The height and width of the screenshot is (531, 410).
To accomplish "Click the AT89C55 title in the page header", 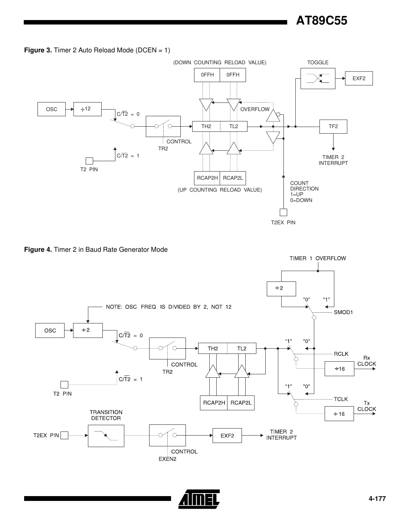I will tap(321, 21).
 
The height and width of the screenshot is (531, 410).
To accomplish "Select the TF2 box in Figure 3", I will tap(333, 127).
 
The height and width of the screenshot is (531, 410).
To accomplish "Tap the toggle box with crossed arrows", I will tap(318, 78).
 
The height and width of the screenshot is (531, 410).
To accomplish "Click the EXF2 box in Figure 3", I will tap(358, 78).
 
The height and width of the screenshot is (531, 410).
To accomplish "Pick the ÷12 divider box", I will tap(87, 109).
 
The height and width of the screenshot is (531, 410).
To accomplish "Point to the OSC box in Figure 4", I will tap(50, 330).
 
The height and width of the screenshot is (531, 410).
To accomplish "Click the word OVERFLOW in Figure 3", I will tap(255, 109).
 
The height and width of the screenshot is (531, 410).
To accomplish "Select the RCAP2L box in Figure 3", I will tap(233, 178).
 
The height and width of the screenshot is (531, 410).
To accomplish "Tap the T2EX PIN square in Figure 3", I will tap(283, 212).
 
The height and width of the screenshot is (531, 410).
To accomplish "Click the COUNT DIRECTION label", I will tap(304, 186).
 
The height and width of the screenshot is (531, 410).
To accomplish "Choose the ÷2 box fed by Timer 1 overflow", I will tap(281, 289).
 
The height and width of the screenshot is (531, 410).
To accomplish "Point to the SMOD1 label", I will tap(343, 312).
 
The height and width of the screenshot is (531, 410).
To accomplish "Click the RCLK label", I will tap(341, 354).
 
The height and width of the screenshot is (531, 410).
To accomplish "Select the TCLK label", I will tap(341, 399).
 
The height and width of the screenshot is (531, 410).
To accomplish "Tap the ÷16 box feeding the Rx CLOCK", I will tap(339, 369).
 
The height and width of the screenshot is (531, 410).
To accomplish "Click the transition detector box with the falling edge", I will tap(106, 436).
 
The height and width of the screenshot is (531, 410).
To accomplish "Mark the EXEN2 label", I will tap(167, 459).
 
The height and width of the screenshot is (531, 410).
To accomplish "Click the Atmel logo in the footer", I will tap(199, 499).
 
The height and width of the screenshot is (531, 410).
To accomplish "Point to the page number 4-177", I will tap(377, 499).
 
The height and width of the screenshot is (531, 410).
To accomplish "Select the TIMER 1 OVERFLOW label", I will tap(318, 258).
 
